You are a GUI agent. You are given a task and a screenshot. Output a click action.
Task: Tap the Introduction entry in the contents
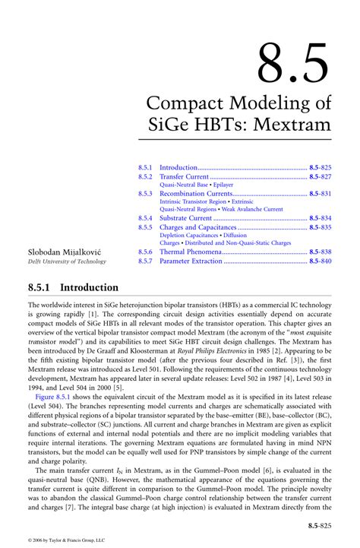(x=178, y=166)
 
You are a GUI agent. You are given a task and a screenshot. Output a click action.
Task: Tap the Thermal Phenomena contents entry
(x=191, y=252)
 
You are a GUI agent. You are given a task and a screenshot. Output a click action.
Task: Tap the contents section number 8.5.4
(x=146, y=218)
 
